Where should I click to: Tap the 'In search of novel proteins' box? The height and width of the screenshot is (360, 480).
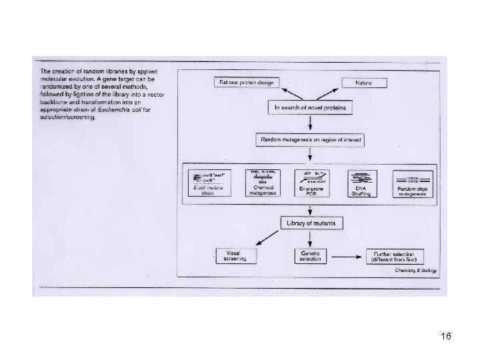point(311,107)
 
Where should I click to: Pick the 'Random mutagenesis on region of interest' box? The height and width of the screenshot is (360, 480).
point(311,139)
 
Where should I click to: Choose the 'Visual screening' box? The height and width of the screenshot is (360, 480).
point(233,256)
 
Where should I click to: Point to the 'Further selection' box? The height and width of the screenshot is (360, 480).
point(394,256)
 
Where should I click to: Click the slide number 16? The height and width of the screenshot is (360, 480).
point(446,337)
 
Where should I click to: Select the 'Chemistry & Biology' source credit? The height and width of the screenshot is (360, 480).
point(415,271)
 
